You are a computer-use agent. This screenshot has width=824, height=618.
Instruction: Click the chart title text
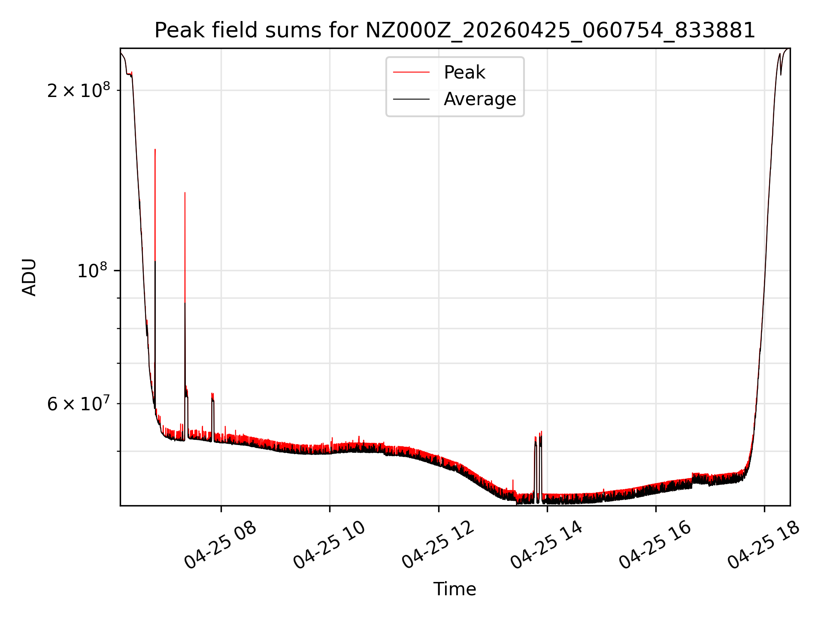tap(454, 30)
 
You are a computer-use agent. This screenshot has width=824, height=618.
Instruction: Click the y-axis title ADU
tap(29, 277)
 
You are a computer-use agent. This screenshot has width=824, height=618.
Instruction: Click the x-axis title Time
tap(454, 589)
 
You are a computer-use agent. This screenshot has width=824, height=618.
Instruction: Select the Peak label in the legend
tap(464, 73)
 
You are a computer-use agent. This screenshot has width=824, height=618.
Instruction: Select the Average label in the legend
tap(480, 99)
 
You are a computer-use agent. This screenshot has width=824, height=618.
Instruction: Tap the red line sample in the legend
tap(411, 73)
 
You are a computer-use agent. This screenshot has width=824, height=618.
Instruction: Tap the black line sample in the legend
tap(411, 99)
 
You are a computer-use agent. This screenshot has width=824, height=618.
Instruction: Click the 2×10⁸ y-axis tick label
tap(79, 90)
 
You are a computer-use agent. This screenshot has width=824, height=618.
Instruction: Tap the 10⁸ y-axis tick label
tap(94, 270)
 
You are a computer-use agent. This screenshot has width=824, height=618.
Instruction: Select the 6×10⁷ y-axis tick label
tap(79, 403)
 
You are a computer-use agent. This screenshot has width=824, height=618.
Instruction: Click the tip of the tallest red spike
tap(155, 149)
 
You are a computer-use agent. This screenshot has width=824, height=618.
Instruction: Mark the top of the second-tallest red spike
tap(185, 193)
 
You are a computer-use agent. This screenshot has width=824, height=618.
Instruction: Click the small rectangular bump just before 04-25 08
tap(212, 416)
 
